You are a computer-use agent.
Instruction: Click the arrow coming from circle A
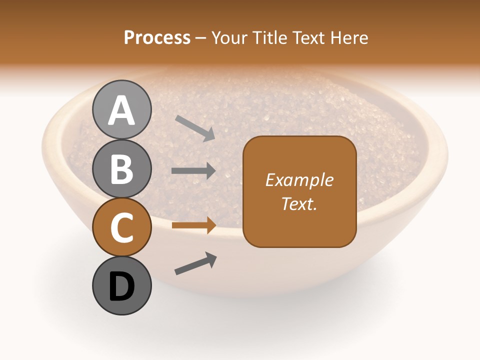195,128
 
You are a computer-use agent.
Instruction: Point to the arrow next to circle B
193,171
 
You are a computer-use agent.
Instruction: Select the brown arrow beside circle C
193,225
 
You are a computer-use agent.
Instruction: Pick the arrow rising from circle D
195,263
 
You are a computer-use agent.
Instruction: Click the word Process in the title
157,38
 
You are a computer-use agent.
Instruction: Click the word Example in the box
299,180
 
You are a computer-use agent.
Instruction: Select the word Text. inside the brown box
299,203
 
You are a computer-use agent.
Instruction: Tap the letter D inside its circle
121,287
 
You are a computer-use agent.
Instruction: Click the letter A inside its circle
121,110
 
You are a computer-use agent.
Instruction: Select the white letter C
121,228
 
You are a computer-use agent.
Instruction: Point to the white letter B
121,169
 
